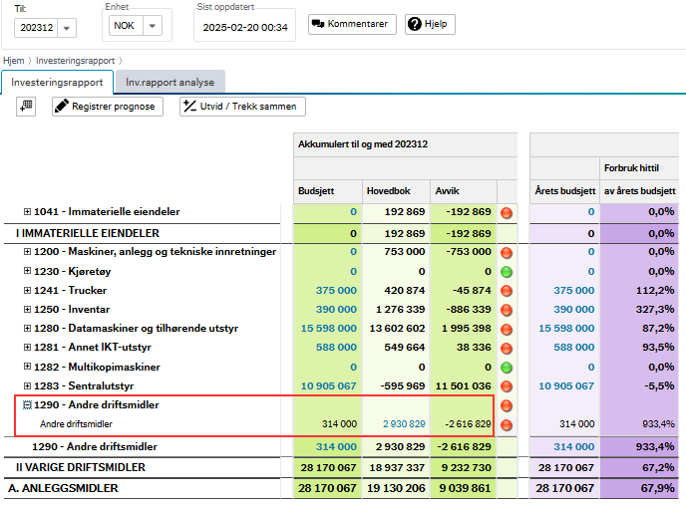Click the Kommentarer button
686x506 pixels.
coord(352,24)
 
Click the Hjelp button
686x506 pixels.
coord(430,24)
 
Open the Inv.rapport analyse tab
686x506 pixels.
coord(171,82)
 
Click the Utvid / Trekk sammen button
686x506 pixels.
coord(242,107)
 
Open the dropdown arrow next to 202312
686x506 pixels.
coord(67,28)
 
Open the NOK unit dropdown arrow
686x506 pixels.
coord(153,26)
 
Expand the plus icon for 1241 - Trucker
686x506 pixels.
coord(27,290)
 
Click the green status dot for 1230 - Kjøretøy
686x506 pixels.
coord(507,272)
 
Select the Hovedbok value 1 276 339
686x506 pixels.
coord(400,310)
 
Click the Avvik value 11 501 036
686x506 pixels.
coord(464,385)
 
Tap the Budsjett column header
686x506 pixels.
coord(316,191)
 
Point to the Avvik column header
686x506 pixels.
coord(447,191)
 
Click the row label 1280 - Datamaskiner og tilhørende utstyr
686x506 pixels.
coord(136,328)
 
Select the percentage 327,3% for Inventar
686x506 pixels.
coord(655,310)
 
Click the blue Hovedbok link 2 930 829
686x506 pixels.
coord(404,424)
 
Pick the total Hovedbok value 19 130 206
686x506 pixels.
coord(396,488)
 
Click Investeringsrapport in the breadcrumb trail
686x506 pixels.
coord(75,61)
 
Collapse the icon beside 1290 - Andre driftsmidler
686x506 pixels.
coord(27,405)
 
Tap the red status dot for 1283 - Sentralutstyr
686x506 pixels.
coord(507,386)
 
